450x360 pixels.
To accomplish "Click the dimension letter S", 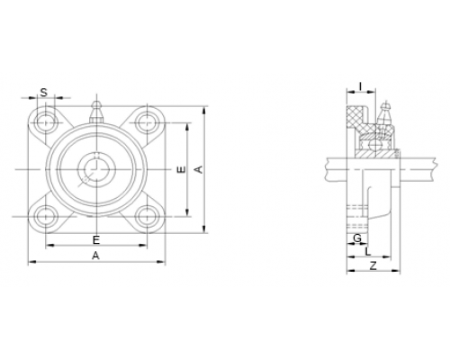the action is pos(44,93).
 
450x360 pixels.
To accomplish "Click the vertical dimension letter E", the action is pos(181,169).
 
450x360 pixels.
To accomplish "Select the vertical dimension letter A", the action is pos(199,169).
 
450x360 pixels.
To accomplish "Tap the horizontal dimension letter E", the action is pos(96,240).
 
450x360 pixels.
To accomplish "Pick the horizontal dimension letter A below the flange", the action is pos(95,256).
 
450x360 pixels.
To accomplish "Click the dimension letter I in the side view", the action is pos(361,86).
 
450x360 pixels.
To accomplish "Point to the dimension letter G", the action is pos(357,238).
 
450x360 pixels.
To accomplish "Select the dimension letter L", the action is pos(368,251).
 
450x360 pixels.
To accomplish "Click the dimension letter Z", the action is pos(373,265).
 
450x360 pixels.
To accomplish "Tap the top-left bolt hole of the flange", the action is pos(46,122).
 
